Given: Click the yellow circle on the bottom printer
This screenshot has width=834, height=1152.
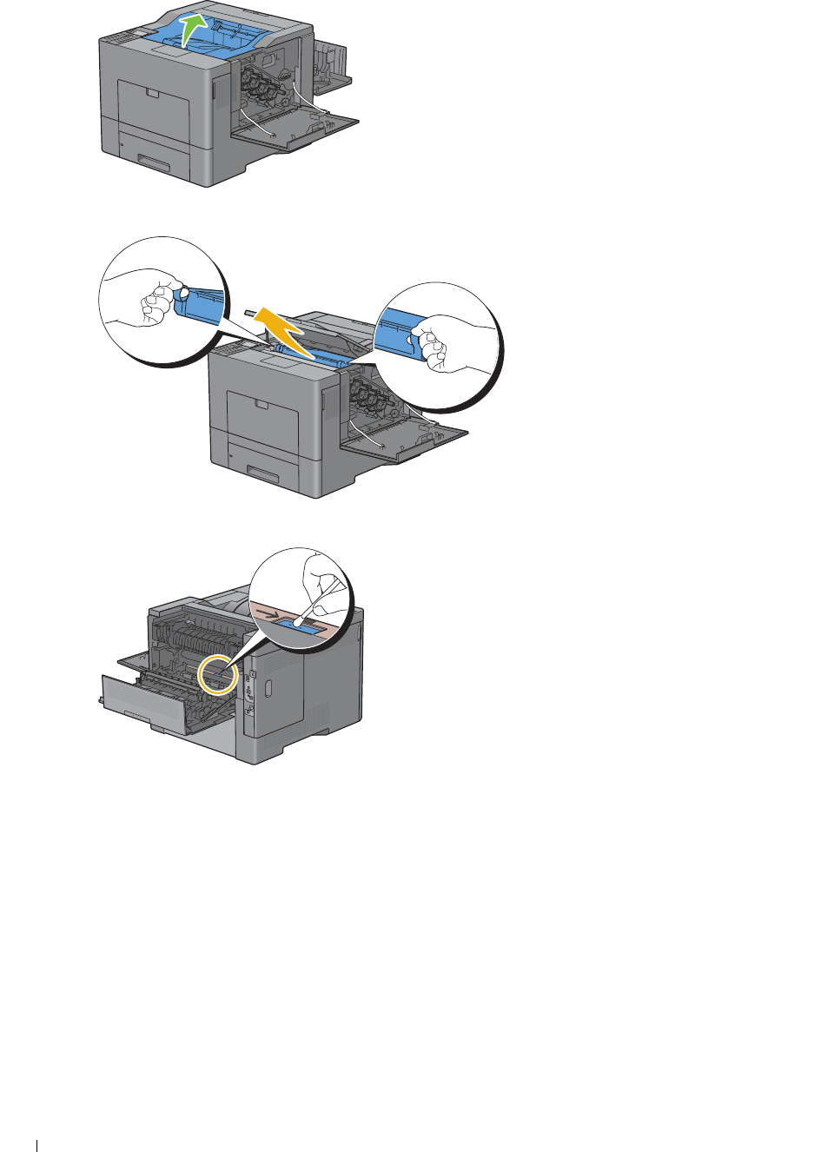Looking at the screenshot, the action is click(217, 675).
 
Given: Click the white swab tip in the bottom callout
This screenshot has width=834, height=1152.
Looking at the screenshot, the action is click(297, 621).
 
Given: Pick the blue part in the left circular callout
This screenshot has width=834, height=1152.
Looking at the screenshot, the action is click(198, 305).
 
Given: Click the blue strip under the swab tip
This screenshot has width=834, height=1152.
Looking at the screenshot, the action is click(304, 627).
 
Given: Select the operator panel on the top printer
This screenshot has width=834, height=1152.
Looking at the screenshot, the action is click(122, 36).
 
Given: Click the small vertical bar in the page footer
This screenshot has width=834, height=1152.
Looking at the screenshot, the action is click(38, 1146).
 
